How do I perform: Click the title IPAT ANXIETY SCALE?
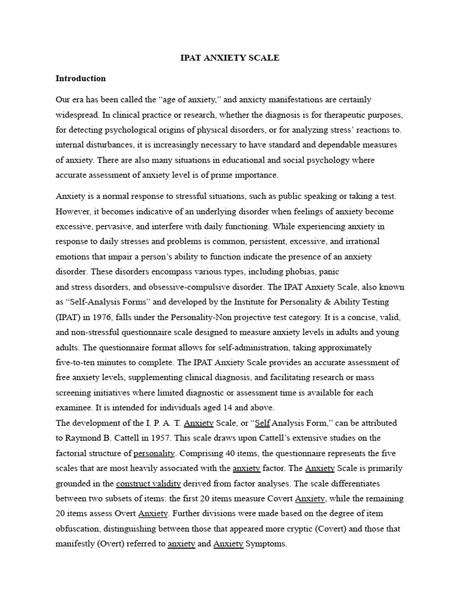(x=230, y=58)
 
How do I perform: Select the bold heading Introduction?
(x=80, y=79)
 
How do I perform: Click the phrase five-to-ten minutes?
(x=91, y=362)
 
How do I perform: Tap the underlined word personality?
(x=154, y=453)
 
